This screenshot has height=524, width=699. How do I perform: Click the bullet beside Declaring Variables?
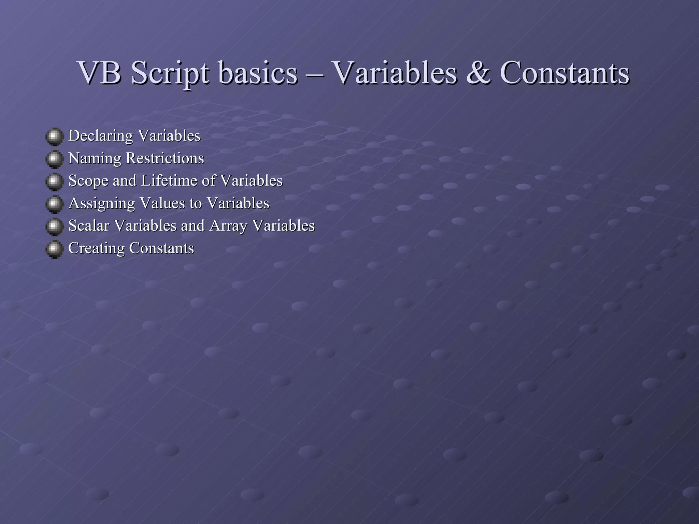[54, 137]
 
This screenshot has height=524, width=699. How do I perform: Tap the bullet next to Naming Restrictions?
[54, 159]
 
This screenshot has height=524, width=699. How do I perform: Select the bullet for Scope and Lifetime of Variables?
[54, 182]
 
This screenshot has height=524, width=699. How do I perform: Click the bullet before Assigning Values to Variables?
[54, 204]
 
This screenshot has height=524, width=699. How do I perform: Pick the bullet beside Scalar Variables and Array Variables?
[54, 227]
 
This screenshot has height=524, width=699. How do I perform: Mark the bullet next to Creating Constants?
[54, 249]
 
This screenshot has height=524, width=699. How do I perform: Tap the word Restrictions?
[165, 158]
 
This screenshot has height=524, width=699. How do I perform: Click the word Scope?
[88, 181]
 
